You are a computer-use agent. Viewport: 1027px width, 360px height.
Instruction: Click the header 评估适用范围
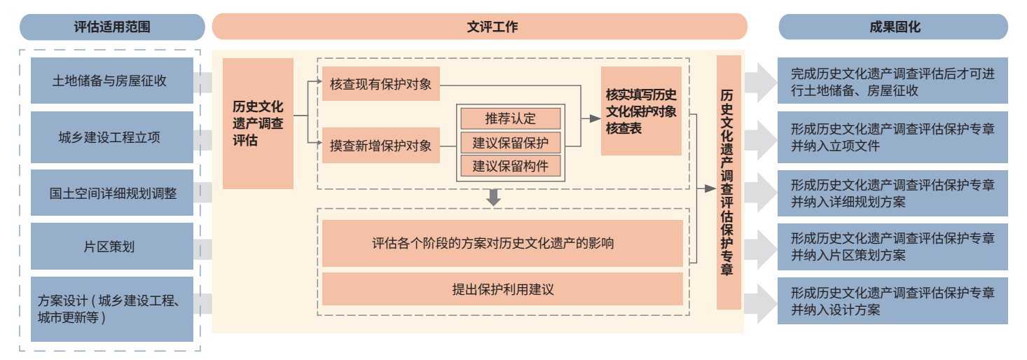pyautogui.click(x=112, y=27)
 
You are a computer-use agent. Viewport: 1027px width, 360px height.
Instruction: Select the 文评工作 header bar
pyautogui.click(x=480, y=27)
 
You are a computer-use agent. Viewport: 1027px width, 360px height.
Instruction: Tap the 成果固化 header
pyautogui.click(x=893, y=27)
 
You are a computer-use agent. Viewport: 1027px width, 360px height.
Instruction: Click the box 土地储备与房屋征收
pyautogui.click(x=112, y=81)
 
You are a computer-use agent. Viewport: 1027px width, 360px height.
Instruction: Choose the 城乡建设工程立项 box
pyautogui.click(x=112, y=137)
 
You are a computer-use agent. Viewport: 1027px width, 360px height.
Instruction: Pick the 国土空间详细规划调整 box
pyautogui.click(x=112, y=193)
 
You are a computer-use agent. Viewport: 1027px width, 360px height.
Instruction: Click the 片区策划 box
pyautogui.click(x=112, y=247)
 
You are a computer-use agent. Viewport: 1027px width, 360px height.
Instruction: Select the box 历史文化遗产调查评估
pyautogui.click(x=258, y=123)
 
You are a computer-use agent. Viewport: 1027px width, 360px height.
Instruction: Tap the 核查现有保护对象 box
pyautogui.click(x=381, y=84)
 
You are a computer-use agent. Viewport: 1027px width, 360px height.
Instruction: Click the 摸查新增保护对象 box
pyautogui.click(x=381, y=146)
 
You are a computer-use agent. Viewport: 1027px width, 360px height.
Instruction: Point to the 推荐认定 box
pyautogui.click(x=511, y=119)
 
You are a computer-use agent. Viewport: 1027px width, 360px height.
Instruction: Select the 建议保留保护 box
pyautogui.click(x=511, y=143)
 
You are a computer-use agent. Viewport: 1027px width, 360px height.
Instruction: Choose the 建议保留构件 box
pyautogui.click(x=511, y=166)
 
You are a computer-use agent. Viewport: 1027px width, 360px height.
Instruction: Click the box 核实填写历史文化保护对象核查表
pyautogui.click(x=642, y=111)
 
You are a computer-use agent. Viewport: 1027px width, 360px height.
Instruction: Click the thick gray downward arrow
pyautogui.click(x=493, y=198)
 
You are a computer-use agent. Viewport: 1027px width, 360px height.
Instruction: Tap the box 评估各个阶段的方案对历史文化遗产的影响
pyautogui.click(x=502, y=243)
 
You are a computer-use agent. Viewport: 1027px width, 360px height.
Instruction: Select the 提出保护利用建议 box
pyautogui.click(x=502, y=289)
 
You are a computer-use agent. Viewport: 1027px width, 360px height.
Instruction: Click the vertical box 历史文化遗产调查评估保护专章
pyautogui.click(x=729, y=182)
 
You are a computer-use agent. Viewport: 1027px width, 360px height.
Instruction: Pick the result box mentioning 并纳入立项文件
pyautogui.click(x=892, y=137)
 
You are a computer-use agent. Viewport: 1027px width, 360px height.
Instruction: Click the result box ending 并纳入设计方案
pyautogui.click(x=892, y=301)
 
